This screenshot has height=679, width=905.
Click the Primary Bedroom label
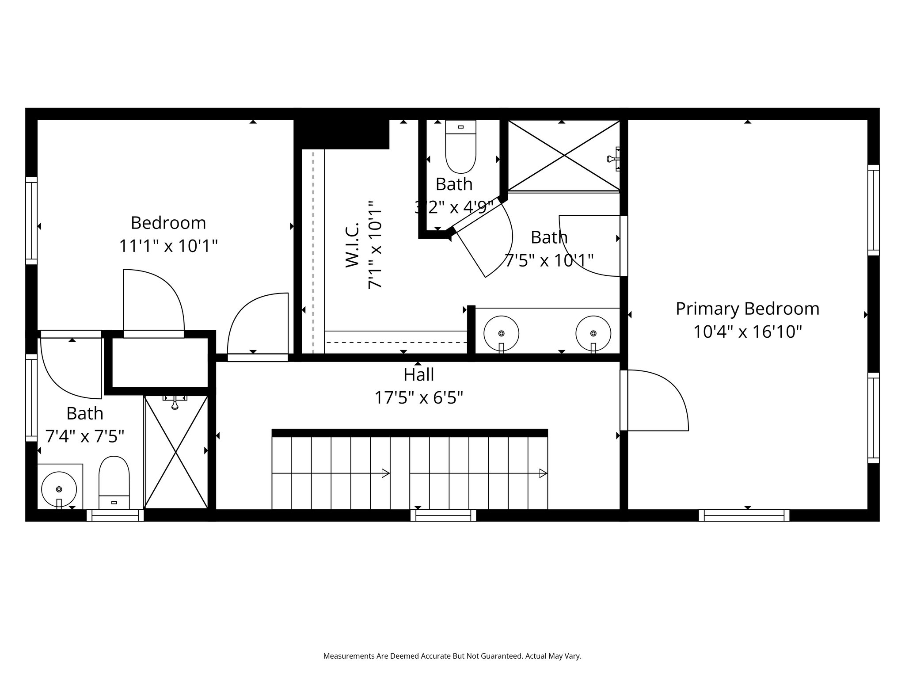click(x=747, y=309)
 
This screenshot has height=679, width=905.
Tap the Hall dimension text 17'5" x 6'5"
click(x=419, y=398)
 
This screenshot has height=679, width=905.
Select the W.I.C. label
click(x=352, y=245)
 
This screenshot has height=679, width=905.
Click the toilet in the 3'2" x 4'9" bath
click(x=460, y=147)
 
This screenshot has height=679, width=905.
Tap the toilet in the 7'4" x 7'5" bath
click(x=114, y=483)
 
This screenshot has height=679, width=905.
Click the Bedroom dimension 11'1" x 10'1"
click(x=169, y=246)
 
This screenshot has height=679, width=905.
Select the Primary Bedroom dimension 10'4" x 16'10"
click(x=747, y=332)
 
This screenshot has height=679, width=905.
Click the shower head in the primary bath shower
click(x=613, y=159)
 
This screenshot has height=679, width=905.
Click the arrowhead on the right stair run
click(x=543, y=473)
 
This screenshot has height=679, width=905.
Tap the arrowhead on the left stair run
click(x=385, y=473)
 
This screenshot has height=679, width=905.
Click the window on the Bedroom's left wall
click(x=31, y=221)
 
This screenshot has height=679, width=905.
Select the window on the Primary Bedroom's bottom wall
click(x=744, y=515)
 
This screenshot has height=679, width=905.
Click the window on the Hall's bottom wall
click(x=443, y=515)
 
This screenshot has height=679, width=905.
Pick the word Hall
click(x=419, y=375)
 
